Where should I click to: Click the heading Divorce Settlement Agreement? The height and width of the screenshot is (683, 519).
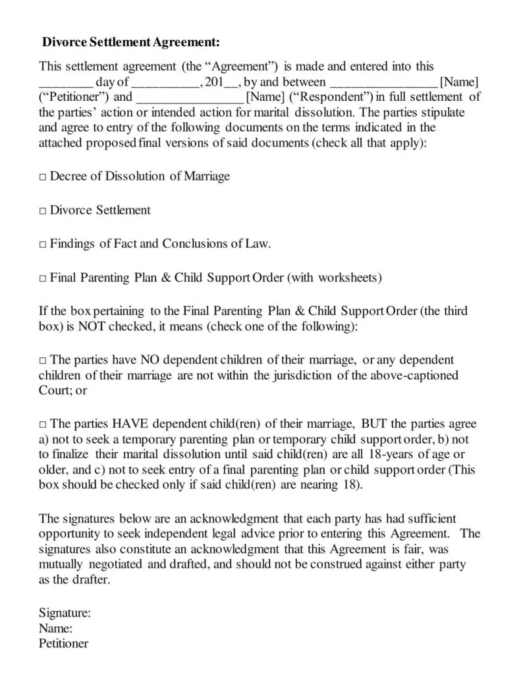(130, 43)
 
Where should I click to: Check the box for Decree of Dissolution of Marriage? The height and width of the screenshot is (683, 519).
(43, 177)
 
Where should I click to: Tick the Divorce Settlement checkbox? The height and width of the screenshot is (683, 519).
(43, 211)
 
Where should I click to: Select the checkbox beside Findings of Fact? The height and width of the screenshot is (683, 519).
(43, 245)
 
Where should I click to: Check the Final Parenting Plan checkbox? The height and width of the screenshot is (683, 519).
(43, 278)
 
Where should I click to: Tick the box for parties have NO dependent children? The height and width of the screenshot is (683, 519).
(43, 361)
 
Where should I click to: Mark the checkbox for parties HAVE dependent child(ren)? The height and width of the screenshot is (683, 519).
(43, 425)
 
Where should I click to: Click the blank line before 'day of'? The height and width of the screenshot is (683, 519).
(65, 84)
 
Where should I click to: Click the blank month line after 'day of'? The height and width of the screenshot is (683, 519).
(166, 84)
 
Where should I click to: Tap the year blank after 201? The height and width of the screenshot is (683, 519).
(232, 84)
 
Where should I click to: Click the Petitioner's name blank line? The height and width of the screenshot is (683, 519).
(383, 84)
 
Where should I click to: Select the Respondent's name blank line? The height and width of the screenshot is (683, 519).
(190, 99)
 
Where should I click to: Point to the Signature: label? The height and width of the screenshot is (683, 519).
(65, 613)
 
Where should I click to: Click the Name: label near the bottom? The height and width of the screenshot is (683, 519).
(55, 628)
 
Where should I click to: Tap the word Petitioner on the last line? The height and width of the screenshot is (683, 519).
(63, 643)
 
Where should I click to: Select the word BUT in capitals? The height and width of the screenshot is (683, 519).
(375, 425)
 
